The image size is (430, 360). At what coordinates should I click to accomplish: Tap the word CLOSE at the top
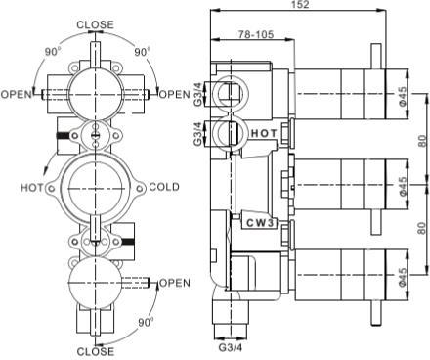coord(95,24)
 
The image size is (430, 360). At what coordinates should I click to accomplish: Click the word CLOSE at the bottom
coord(95,350)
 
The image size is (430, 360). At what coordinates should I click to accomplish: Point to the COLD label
coord(164,186)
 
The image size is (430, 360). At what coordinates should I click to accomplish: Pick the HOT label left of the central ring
coord(31,186)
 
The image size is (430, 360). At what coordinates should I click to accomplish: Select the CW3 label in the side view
coord(261,223)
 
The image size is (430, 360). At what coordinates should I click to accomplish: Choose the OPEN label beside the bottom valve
coord(173,283)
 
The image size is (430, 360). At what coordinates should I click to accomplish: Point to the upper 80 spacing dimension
coord(421,141)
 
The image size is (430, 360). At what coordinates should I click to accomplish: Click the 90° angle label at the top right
coord(143,51)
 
